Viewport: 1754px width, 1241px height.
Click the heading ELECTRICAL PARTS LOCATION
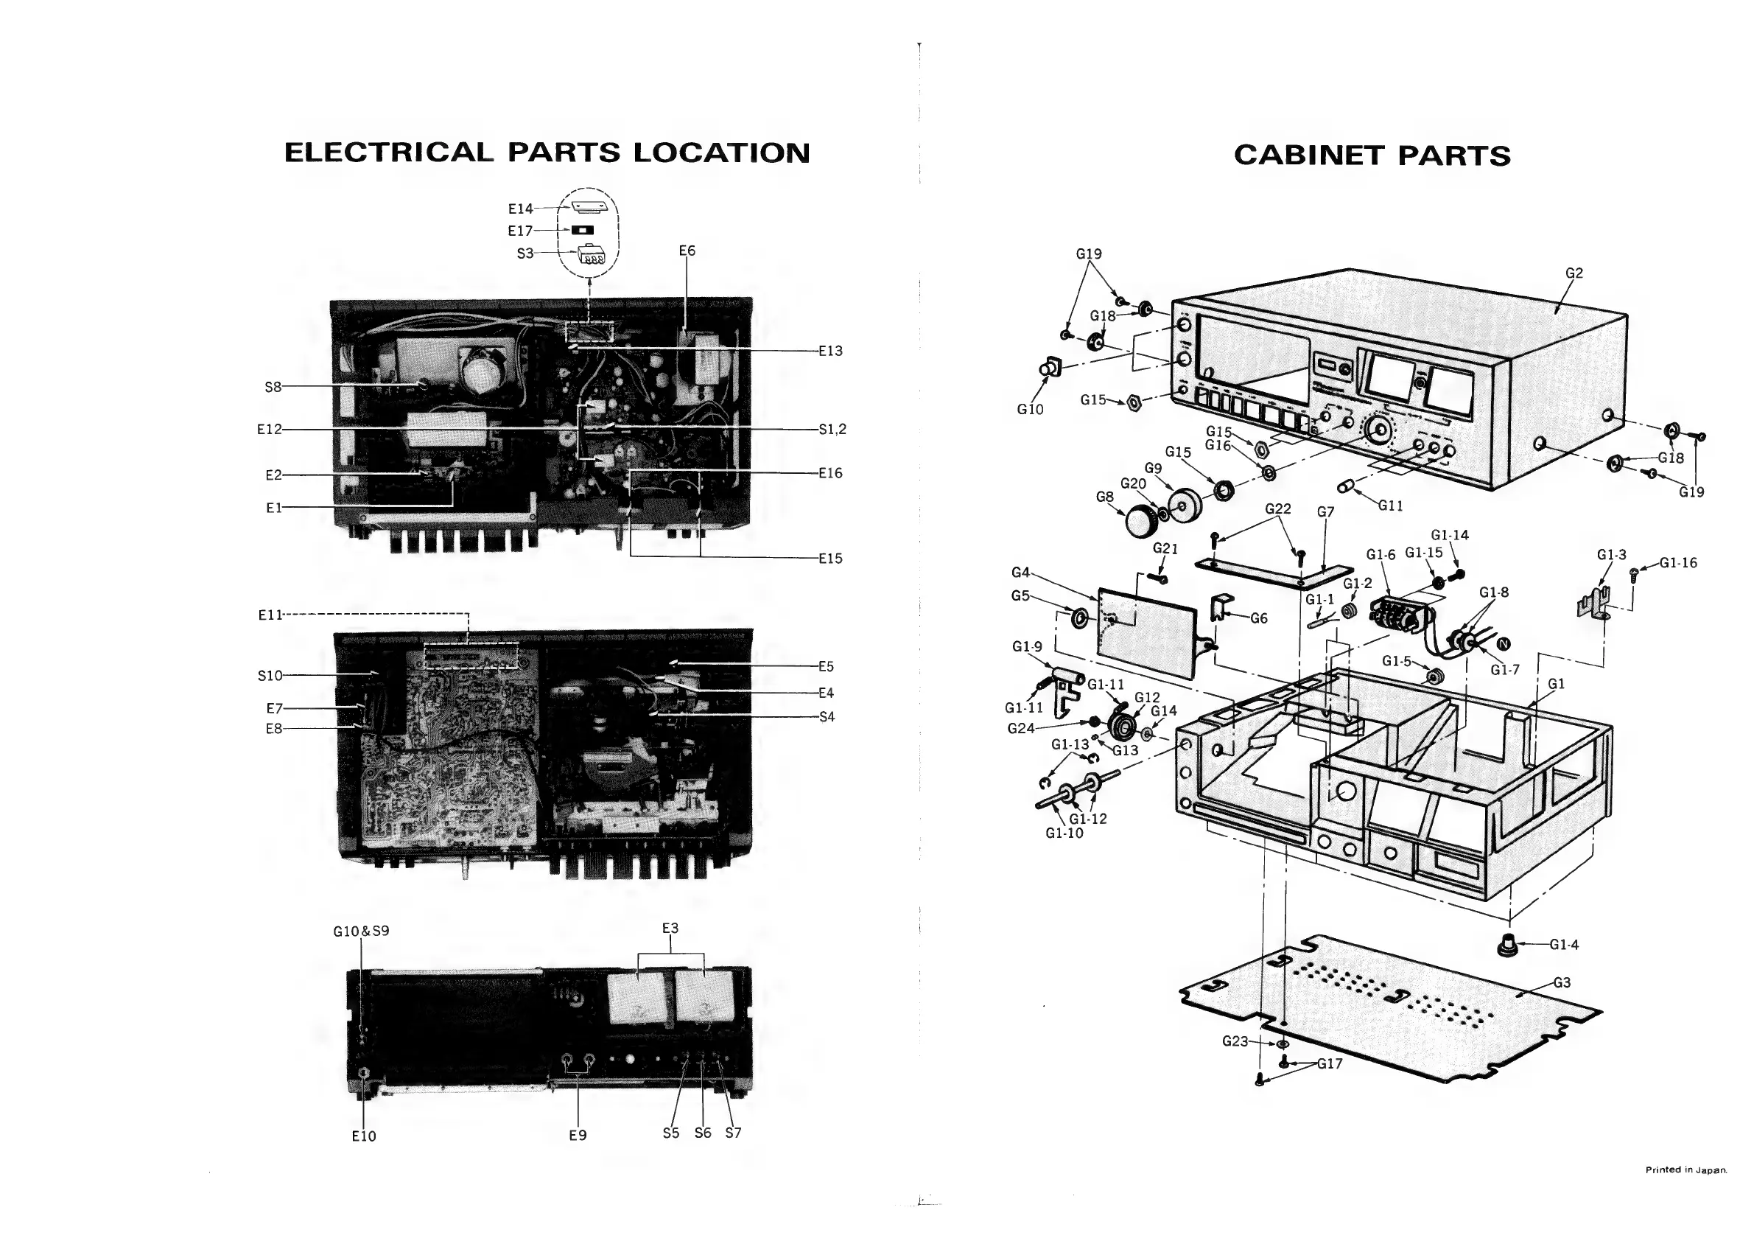pyautogui.click(x=547, y=153)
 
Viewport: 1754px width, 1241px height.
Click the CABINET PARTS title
pyautogui.click(x=1372, y=156)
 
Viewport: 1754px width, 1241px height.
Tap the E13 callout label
pyautogui.click(x=830, y=351)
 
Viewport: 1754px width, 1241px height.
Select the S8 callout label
pyautogui.click(x=273, y=387)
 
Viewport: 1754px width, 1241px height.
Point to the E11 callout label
pyautogui.click(x=270, y=615)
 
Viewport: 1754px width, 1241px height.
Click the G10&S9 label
pyautogui.click(x=362, y=931)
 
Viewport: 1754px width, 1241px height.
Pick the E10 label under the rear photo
pyautogui.click(x=364, y=1136)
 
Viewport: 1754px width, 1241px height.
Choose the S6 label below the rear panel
pyautogui.click(x=703, y=1133)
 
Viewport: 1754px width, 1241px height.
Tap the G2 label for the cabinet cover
pyautogui.click(x=1574, y=273)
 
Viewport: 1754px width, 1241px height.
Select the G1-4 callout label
pyautogui.click(x=1564, y=945)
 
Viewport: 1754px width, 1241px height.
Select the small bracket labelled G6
pyautogui.click(x=1221, y=606)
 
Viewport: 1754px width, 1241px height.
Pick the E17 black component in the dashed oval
pyautogui.click(x=583, y=230)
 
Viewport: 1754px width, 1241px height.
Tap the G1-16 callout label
pyautogui.click(x=1677, y=563)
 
